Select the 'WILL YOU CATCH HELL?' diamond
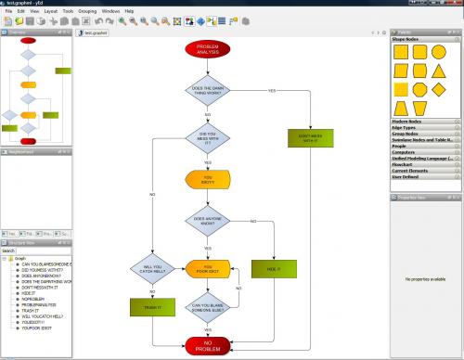point(152,270)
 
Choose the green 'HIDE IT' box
point(273,269)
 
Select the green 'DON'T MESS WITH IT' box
point(309,138)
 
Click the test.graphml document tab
point(96,32)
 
